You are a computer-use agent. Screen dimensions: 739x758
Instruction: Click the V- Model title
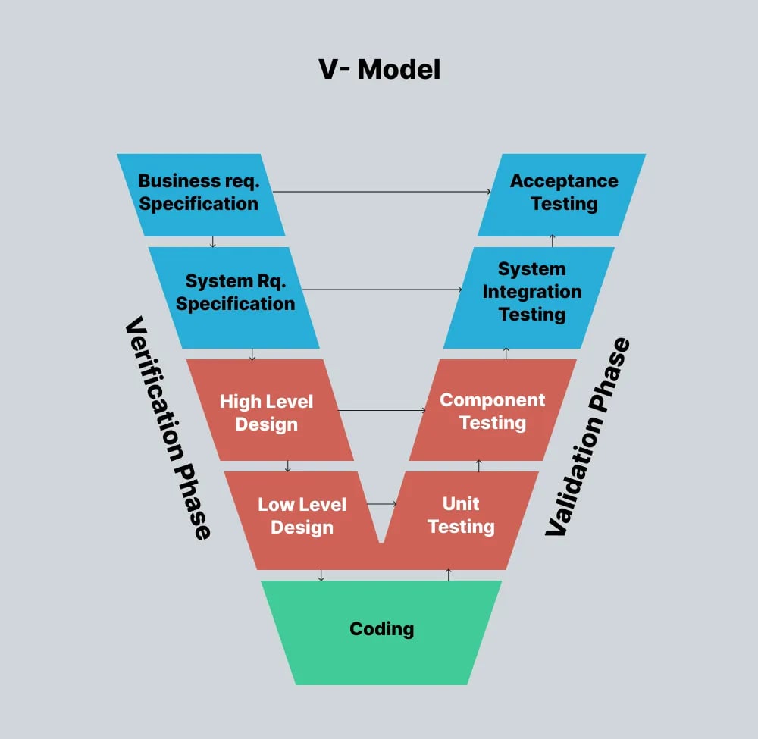(379, 69)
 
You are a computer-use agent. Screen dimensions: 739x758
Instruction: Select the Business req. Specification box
(199, 193)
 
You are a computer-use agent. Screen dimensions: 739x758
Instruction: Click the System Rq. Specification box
(236, 293)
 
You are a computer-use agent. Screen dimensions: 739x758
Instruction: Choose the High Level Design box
(266, 412)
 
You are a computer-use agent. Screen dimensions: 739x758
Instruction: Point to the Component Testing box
(493, 411)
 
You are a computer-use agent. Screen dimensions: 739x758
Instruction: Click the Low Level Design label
(302, 516)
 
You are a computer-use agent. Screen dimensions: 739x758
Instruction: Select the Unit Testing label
(461, 515)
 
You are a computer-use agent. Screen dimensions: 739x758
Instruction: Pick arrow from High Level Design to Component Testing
(381, 411)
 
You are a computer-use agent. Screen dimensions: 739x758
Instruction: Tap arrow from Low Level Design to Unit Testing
(382, 504)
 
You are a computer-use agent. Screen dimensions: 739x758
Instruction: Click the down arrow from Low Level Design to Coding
(321, 575)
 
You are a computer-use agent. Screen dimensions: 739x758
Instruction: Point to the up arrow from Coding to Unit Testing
(449, 575)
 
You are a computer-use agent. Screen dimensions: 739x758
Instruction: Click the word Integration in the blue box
(532, 292)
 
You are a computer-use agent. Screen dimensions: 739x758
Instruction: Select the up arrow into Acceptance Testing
(553, 241)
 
